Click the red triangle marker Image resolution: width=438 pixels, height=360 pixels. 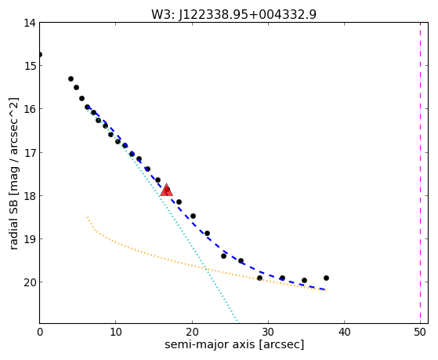tap(166, 190)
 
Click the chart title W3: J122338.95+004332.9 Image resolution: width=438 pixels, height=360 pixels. tap(233, 14)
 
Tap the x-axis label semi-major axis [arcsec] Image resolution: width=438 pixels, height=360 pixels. tap(234, 344)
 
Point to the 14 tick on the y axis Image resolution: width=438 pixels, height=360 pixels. tap(30, 23)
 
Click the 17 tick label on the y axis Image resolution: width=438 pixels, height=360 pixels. tap(30, 152)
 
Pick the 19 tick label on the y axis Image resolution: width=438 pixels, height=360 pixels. tap(30, 239)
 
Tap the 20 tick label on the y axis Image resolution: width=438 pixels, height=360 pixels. tap(30, 282)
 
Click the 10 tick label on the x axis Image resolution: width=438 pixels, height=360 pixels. tap(116, 332)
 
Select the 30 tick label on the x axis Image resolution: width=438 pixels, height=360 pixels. tap(268, 332)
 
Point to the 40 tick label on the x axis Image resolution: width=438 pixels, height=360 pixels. tap(344, 332)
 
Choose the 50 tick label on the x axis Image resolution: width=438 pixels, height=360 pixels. tap(420, 332)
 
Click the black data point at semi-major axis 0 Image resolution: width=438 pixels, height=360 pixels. tap(40, 54)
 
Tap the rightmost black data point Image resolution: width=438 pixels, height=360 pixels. tap(326, 278)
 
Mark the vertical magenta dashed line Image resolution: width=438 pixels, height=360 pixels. tap(420, 173)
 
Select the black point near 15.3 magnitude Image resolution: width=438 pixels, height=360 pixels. tap(71, 79)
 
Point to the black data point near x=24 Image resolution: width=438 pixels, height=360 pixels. tap(223, 256)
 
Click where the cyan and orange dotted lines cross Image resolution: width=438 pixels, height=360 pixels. tap(206, 269)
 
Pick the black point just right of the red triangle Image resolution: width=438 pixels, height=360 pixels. tap(179, 202)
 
